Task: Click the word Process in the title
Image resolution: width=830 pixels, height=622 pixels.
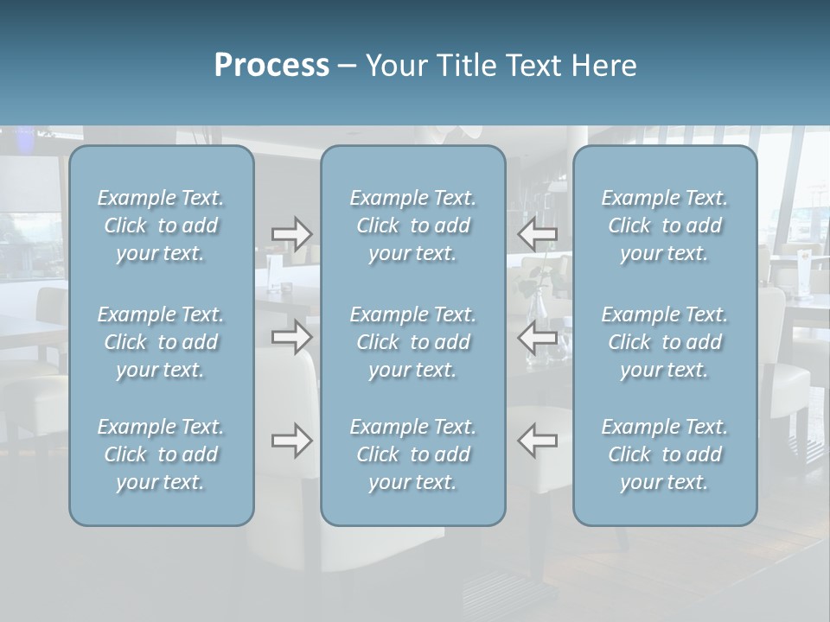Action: point(271,66)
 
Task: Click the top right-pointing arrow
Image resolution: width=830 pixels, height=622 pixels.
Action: point(291,233)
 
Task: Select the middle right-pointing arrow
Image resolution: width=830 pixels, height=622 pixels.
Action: point(291,337)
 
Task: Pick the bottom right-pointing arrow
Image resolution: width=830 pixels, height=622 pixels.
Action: point(291,441)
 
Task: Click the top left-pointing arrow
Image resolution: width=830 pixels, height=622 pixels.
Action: point(538,233)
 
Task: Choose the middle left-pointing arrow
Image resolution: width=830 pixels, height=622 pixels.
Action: point(538,337)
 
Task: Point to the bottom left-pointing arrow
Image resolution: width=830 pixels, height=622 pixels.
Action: point(538,441)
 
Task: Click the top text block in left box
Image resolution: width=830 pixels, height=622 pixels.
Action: point(161,225)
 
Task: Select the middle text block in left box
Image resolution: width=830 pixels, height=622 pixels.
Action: point(161,342)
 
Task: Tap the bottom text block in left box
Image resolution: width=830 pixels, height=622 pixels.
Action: point(161,454)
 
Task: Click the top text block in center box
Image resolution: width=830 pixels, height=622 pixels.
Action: point(413,225)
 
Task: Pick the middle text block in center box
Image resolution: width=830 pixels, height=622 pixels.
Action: point(413,342)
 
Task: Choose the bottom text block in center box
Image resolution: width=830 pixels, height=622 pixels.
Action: point(413,454)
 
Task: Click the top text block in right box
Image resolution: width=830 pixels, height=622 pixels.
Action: point(665,225)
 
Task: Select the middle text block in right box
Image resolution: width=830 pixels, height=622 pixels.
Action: point(665,342)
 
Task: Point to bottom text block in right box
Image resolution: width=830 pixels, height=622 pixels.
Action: point(665,454)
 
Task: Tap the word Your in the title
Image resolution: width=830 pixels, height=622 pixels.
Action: point(393,66)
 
